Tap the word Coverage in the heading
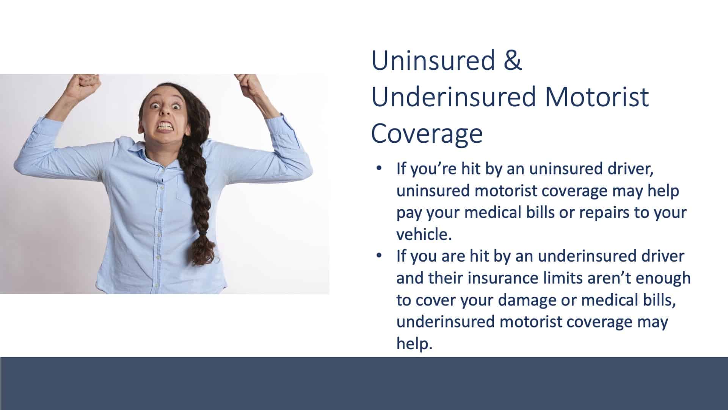click(427, 133)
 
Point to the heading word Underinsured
click(454, 96)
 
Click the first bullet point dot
click(379, 169)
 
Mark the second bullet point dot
click(379, 256)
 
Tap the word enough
click(663, 279)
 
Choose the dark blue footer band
click(364, 383)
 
